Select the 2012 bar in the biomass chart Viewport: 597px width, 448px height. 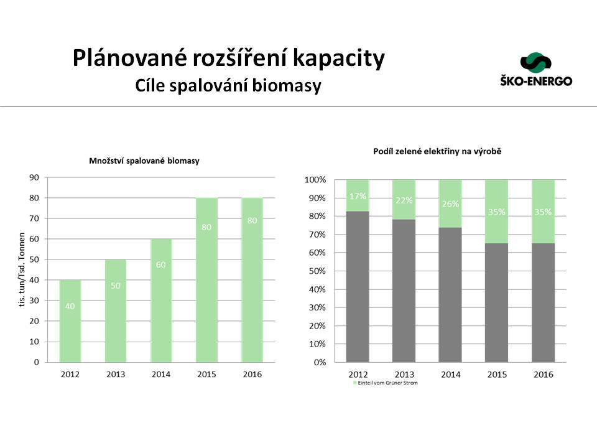click(x=70, y=320)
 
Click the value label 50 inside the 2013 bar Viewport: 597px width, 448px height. click(x=115, y=285)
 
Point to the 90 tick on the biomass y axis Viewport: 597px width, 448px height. click(x=34, y=177)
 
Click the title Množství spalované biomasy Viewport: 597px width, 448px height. click(x=144, y=161)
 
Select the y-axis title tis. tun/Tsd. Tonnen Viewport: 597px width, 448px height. click(x=21, y=269)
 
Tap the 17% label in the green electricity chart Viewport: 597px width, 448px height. click(x=358, y=196)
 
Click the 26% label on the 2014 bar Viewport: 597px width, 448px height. click(x=450, y=203)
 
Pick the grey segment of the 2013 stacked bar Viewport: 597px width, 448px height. click(x=404, y=291)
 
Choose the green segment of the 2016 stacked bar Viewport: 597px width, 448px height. click(x=543, y=212)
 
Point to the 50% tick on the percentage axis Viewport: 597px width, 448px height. click(x=315, y=271)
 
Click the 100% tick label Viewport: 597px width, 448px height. click(x=315, y=180)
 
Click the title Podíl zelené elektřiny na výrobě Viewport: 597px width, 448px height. click(x=438, y=151)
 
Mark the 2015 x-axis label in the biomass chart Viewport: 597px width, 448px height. click(x=206, y=375)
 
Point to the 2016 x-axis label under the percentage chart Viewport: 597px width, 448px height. click(x=543, y=375)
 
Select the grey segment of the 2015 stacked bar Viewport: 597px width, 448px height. click(x=496, y=302)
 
